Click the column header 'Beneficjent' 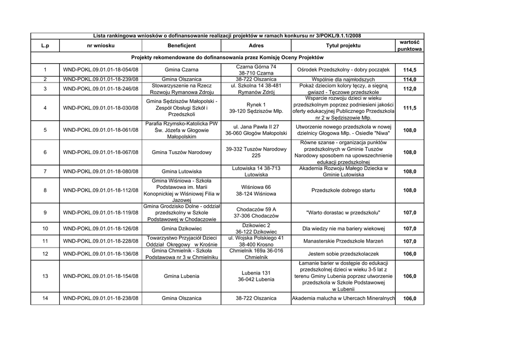pyautogui.click(x=181, y=46)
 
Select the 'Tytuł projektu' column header pyautogui.click(x=343, y=46)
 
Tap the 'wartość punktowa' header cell pyautogui.click(x=410, y=46)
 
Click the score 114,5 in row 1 pyautogui.click(x=410, y=70)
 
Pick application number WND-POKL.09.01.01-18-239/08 pyautogui.click(x=100, y=80)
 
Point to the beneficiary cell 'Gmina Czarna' pyautogui.click(x=181, y=70)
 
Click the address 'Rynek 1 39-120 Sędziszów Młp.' pyautogui.click(x=256, y=108)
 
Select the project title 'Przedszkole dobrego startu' pyautogui.click(x=343, y=190)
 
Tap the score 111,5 pyautogui.click(x=410, y=108)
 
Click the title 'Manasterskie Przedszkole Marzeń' pyautogui.click(x=343, y=241)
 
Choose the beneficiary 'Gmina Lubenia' pyautogui.click(x=181, y=276)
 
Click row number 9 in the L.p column pyautogui.click(x=45, y=213)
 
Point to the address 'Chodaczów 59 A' pyautogui.click(x=256, y=209)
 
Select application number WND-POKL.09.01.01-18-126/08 pyautogui.click(x=100, y=229)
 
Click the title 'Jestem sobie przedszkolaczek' pyautogui.click(x=343, y=254)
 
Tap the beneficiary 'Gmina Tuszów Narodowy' pyautogui.click(x=181, y=153)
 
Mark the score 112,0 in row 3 pyautogui.click(x=410, y=89)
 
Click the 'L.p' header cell pyautogui.click(x=45, y=46)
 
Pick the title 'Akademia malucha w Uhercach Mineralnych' pyautogui.click(x=343, y=299)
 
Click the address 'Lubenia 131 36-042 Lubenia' pyautogui.click(x=256, y=276)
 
